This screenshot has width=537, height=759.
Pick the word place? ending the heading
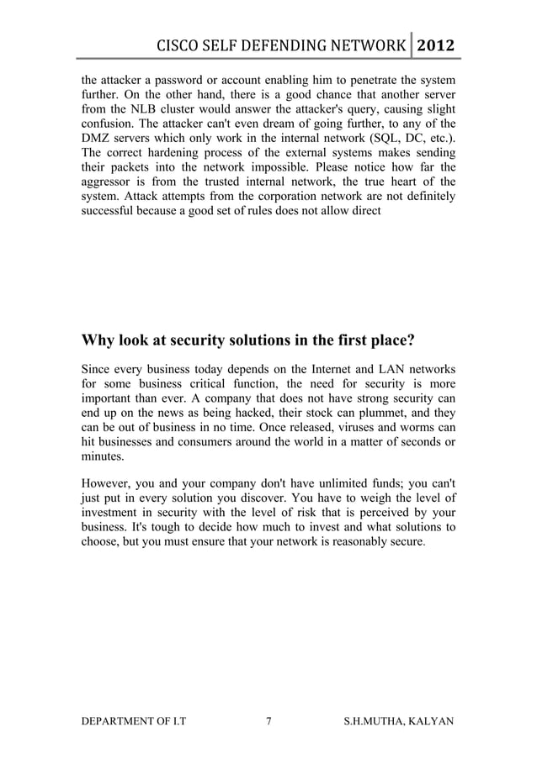click(x=388, y=340)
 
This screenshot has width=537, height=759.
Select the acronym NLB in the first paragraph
click(x=141, y=111)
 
